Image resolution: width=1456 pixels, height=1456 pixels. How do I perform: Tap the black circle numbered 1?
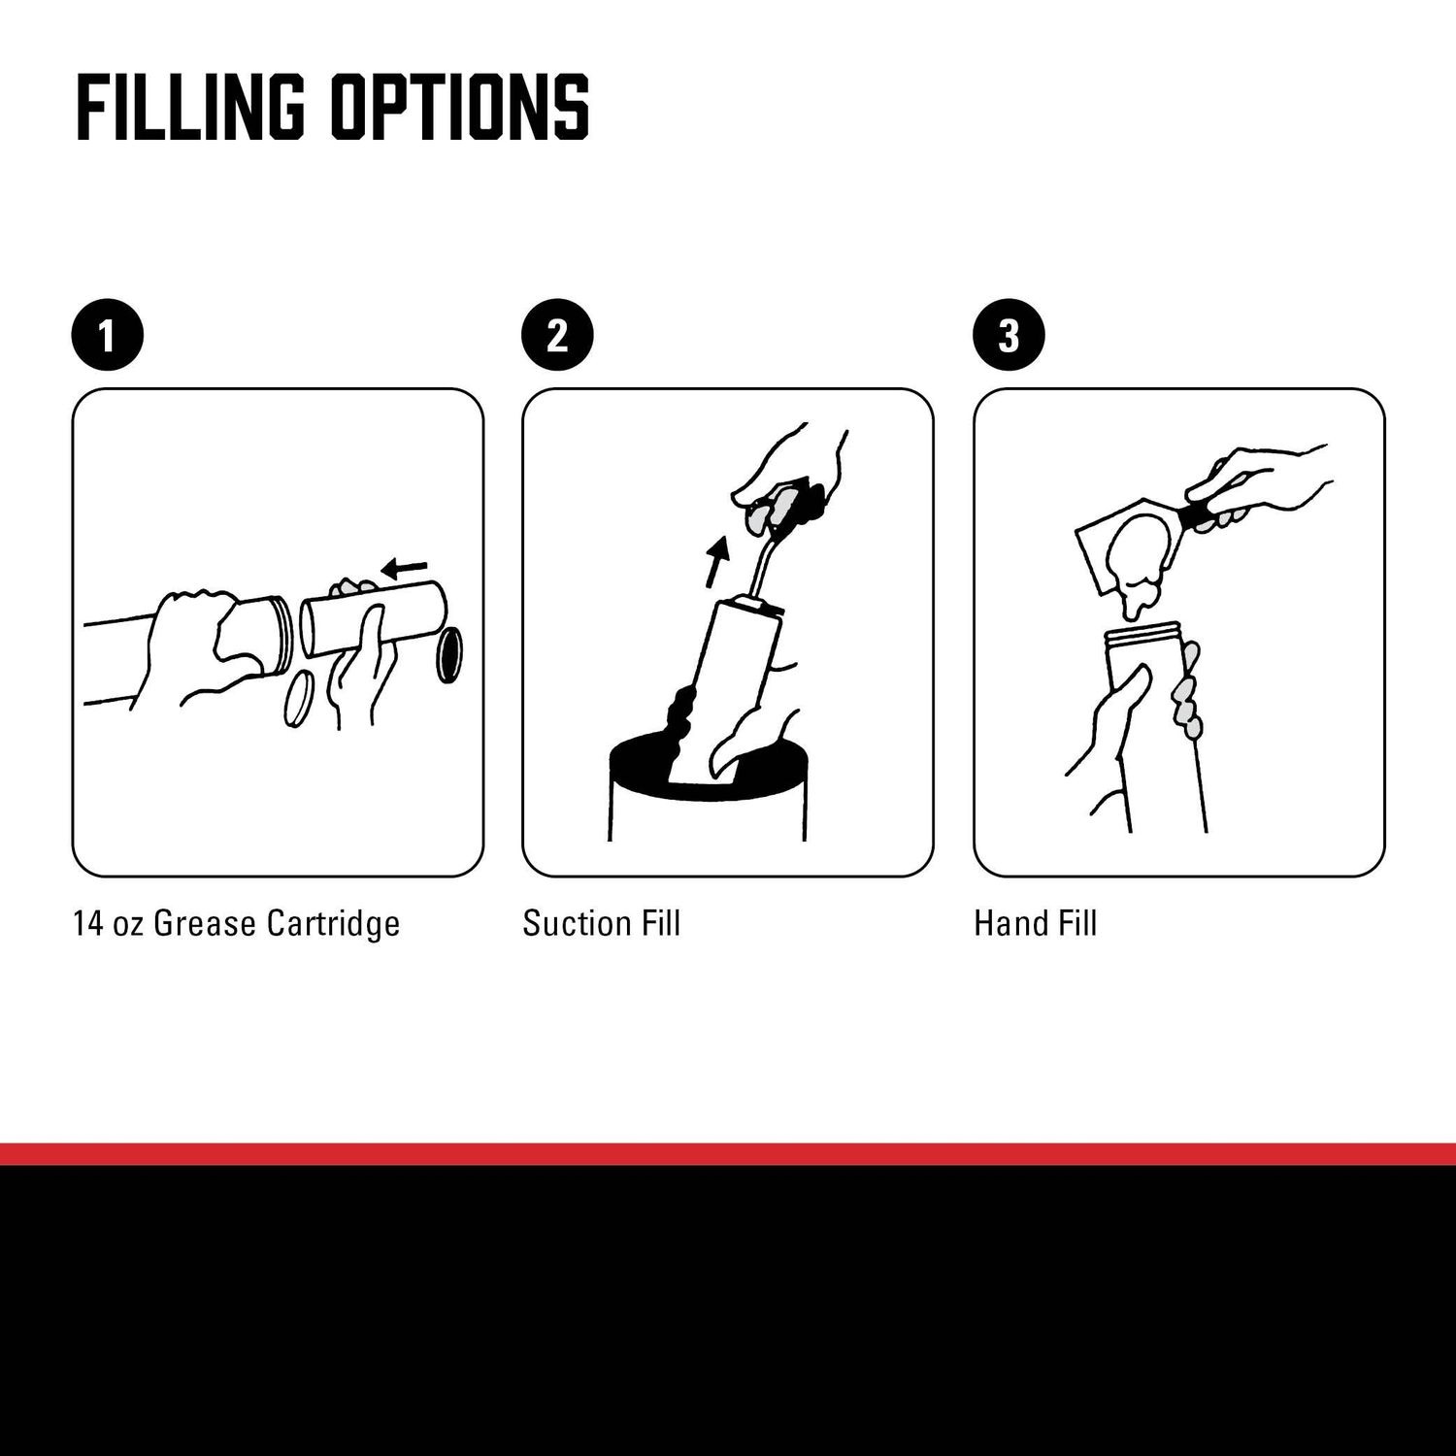pos(108,336)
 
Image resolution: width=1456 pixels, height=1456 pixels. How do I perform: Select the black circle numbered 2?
pos(557,336)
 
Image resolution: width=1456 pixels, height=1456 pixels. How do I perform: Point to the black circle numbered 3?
pos(1009,336)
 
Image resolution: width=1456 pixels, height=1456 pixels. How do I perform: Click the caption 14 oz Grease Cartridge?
pos(236,923)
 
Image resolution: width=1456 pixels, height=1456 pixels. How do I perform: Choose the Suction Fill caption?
pos(602,923)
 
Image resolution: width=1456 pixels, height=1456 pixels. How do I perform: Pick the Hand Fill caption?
pos(1036,923)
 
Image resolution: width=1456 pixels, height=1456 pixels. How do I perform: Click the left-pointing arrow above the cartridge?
pos(403,566)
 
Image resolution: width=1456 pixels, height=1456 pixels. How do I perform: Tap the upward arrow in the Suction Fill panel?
pos(716,561)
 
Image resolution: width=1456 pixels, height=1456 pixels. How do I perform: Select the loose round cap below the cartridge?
pos(299,699)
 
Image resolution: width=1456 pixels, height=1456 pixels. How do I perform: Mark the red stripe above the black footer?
pos(728,1153)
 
